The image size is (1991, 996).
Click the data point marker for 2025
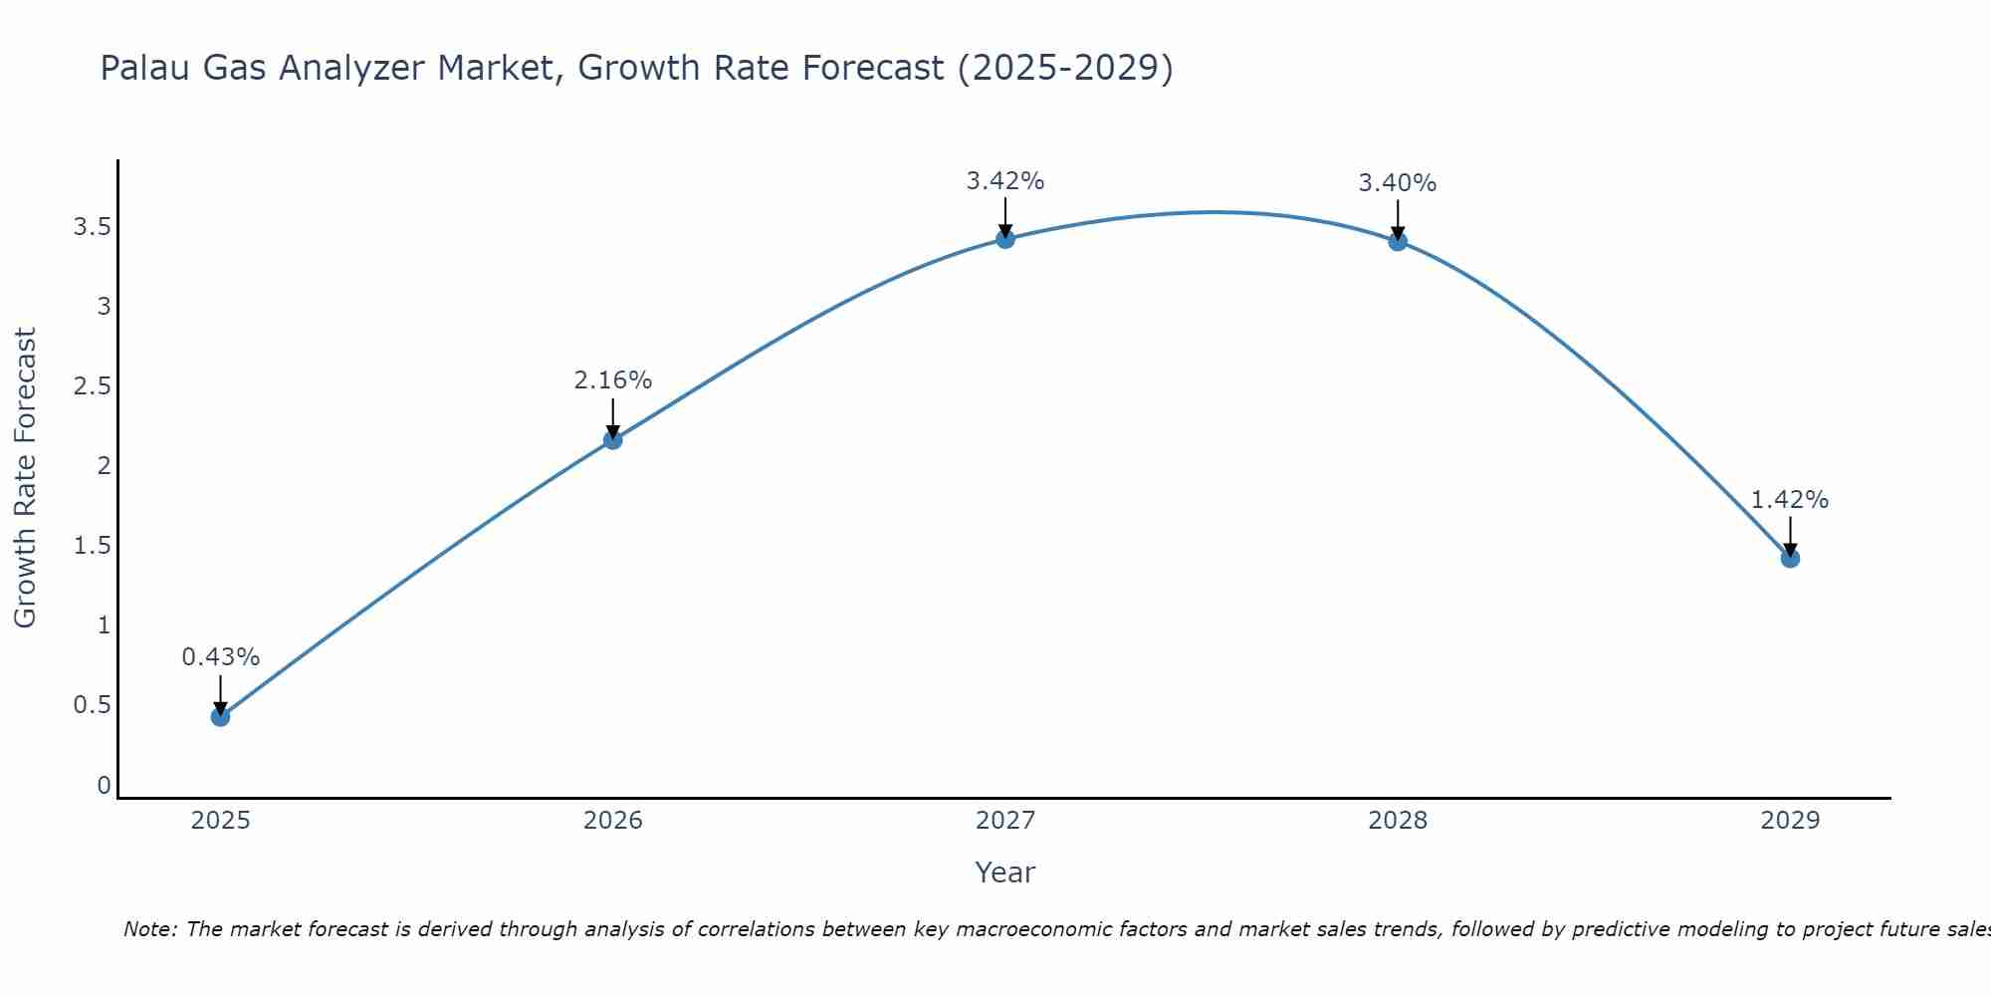(221, 716)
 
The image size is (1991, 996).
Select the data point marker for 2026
(613, 439)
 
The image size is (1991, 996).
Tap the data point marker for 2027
(1005, 238)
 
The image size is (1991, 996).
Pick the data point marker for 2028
(1398, 241)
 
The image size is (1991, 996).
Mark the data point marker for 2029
(1790, 558)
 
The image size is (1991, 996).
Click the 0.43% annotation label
(221, 657)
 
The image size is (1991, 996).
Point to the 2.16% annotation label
(613, 380)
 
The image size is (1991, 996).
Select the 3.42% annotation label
(1005, 181)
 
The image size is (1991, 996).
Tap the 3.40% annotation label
(1398, 183)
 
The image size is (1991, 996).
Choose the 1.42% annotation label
(1790, 500)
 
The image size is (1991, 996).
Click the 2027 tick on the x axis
(1005, 821)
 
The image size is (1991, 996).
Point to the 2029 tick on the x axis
(1790, 821)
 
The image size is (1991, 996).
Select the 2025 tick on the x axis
(221, 821)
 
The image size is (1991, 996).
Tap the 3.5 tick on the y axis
(92, 227)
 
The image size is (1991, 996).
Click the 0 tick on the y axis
(104, 785)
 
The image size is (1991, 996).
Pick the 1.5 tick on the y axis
(92, 546)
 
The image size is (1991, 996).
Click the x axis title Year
(1005, 872)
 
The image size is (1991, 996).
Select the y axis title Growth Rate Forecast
(25, 478)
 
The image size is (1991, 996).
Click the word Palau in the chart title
(145, 68)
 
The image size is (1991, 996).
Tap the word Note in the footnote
(148, 929)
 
